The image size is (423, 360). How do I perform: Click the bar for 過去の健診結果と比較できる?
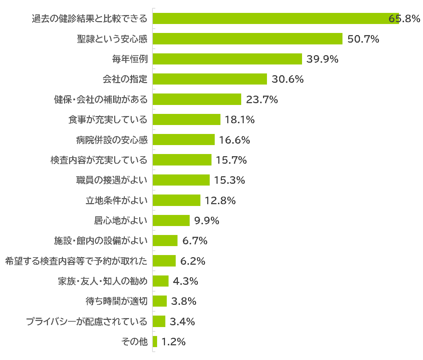(276, 19)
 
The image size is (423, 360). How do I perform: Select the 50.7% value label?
(363, 39)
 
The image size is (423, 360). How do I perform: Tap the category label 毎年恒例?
(130, 59)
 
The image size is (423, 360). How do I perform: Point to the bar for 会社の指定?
(210, 79)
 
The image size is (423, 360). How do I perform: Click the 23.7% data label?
(262, 100)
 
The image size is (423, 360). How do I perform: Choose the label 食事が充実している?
(108, 120)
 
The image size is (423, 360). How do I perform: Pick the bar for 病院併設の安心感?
(184, 140)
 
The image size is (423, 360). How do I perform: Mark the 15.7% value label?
(231, 160)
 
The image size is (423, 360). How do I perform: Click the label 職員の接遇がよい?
(112, 180)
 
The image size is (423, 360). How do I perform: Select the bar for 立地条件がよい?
(176, 200)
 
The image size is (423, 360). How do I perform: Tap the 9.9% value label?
(206, 221)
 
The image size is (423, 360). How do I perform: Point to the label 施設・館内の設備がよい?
(101, 241)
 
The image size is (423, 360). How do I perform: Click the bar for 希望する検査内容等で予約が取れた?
(164, 261)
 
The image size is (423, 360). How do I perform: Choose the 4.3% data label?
(185, 281)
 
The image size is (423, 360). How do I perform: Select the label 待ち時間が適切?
(116, 301)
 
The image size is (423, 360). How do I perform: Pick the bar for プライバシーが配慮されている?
(159, 321)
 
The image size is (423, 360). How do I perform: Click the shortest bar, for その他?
(155, 342)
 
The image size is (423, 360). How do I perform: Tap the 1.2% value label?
(173, 342)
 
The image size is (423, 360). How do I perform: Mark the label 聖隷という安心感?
(112, 39)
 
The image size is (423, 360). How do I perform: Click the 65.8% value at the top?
(404, 19)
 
